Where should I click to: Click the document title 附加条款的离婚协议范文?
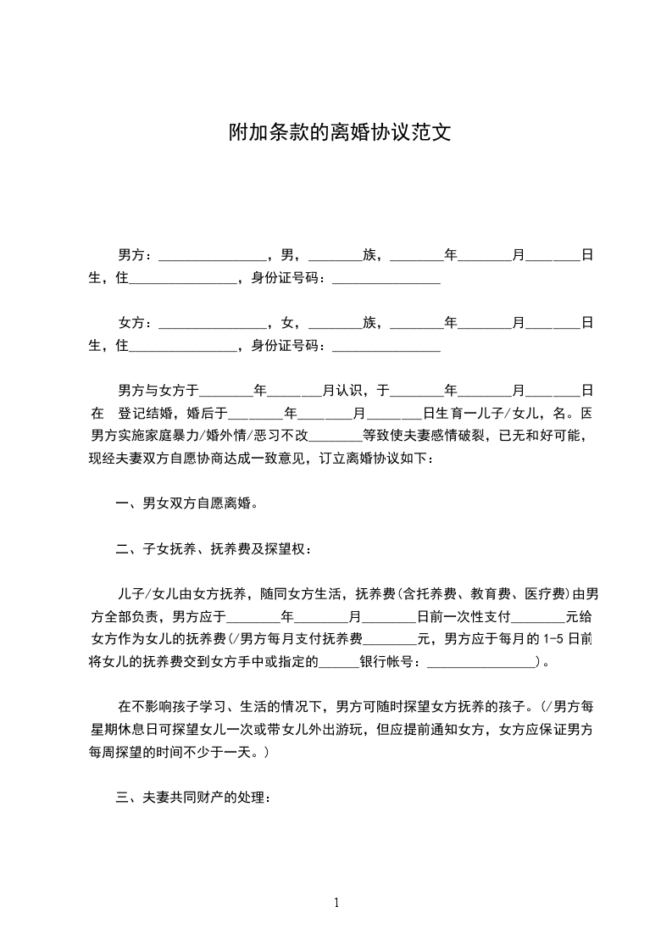pyautogui.click(x=336, y=133)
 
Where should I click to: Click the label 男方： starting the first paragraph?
pyautogui.click(x=136, y=254)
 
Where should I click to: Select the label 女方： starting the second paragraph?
pyautogui.click(x=136, y=323)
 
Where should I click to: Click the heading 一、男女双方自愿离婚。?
pyautogui.click(x=186, y=503)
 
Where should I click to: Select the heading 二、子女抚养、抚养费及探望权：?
pyautogui.click(x=214, y=548)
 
